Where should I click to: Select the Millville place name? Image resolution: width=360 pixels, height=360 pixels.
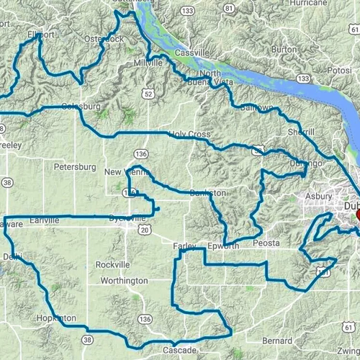pos(149,63)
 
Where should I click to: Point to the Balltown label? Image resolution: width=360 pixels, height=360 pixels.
pos(257,107)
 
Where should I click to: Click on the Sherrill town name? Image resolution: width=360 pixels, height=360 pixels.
pos(301,132)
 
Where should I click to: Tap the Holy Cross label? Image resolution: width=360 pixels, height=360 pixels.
pos(189,134)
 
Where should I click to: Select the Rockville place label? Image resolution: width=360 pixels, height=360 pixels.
pos(113,264)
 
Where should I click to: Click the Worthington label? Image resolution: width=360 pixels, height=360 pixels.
pos(124,280)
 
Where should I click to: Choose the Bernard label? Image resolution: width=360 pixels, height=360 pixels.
pos(277,340)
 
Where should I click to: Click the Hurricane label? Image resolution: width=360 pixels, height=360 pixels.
pos(318,4)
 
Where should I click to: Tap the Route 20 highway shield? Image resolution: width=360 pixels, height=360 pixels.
pos(144,230)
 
